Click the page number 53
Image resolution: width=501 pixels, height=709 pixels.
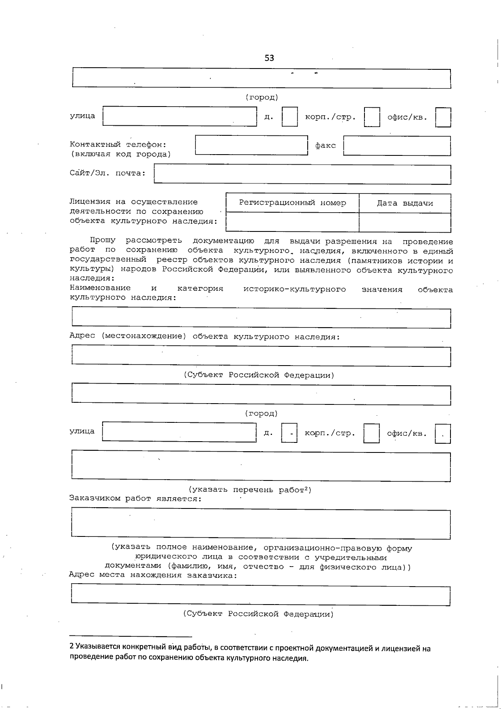coord(269,58)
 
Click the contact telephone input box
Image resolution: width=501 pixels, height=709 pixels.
coord(251,145)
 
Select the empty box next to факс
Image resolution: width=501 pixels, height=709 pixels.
coord(397,146)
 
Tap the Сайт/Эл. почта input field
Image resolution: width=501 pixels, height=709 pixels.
coord(302,175)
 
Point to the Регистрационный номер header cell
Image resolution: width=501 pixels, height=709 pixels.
coord(292,203)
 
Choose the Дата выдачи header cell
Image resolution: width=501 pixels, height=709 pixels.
coord(405,203)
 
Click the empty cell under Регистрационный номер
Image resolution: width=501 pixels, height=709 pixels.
coord(292,222)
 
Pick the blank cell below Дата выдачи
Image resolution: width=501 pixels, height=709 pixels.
coord(405,222)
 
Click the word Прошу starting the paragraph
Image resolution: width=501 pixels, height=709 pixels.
coord(103,241)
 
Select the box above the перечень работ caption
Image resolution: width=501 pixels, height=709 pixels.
coord(261,466)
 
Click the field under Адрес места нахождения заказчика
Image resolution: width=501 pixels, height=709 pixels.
coord(261,596)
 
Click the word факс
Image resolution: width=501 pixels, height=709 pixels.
coord(325,146)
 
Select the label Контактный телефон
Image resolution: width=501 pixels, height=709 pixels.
coord(118,145)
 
